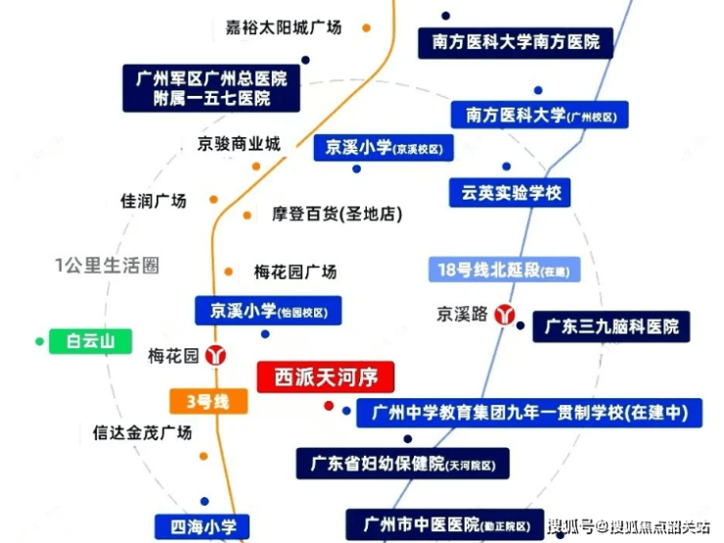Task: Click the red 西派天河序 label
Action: click(326, 378)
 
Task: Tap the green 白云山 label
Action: click(90, 341)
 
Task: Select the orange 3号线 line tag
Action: click(208, 401)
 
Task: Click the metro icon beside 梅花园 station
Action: click(215, 355)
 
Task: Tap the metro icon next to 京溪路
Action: click(505, 314)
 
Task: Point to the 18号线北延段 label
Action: click(504, 270)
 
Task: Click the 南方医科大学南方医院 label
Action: click(516, 42)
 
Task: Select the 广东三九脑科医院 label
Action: click(611, 327)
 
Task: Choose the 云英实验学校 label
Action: click(510, 193)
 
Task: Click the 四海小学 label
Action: click(203, 526)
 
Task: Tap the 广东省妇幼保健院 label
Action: click(403, 463)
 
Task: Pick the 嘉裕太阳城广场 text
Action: click(283, 27)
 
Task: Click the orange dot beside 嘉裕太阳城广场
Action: click(367, 28)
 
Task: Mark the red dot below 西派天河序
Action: click(329, 406)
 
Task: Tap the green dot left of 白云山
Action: click(40, 341)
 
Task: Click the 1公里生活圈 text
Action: click(107, 265)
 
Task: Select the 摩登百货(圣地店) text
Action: click(338, 214)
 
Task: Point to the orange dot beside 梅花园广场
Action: click(229, 272)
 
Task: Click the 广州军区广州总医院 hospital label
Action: click(211, 88)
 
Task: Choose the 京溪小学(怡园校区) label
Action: click(268, 311)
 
